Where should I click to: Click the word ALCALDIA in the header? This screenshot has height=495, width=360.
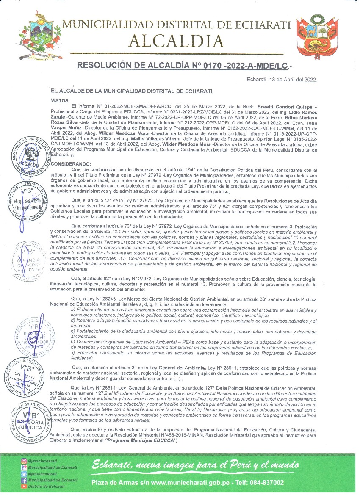click(x=176, y=41)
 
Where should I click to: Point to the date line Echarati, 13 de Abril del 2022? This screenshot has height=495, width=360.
click(x=282, y=79)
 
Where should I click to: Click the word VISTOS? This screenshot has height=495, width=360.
click(x=60, y=100)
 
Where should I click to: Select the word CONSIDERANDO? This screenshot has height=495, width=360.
click(x=71, y=163)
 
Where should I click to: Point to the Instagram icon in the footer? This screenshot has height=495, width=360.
click(x=24, y=461)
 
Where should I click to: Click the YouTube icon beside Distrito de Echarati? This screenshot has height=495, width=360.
click(x=24, y=486)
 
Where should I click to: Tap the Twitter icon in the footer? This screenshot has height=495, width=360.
click(x=24, y=474)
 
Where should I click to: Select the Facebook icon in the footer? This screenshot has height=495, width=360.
click(x=24, y=480)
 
